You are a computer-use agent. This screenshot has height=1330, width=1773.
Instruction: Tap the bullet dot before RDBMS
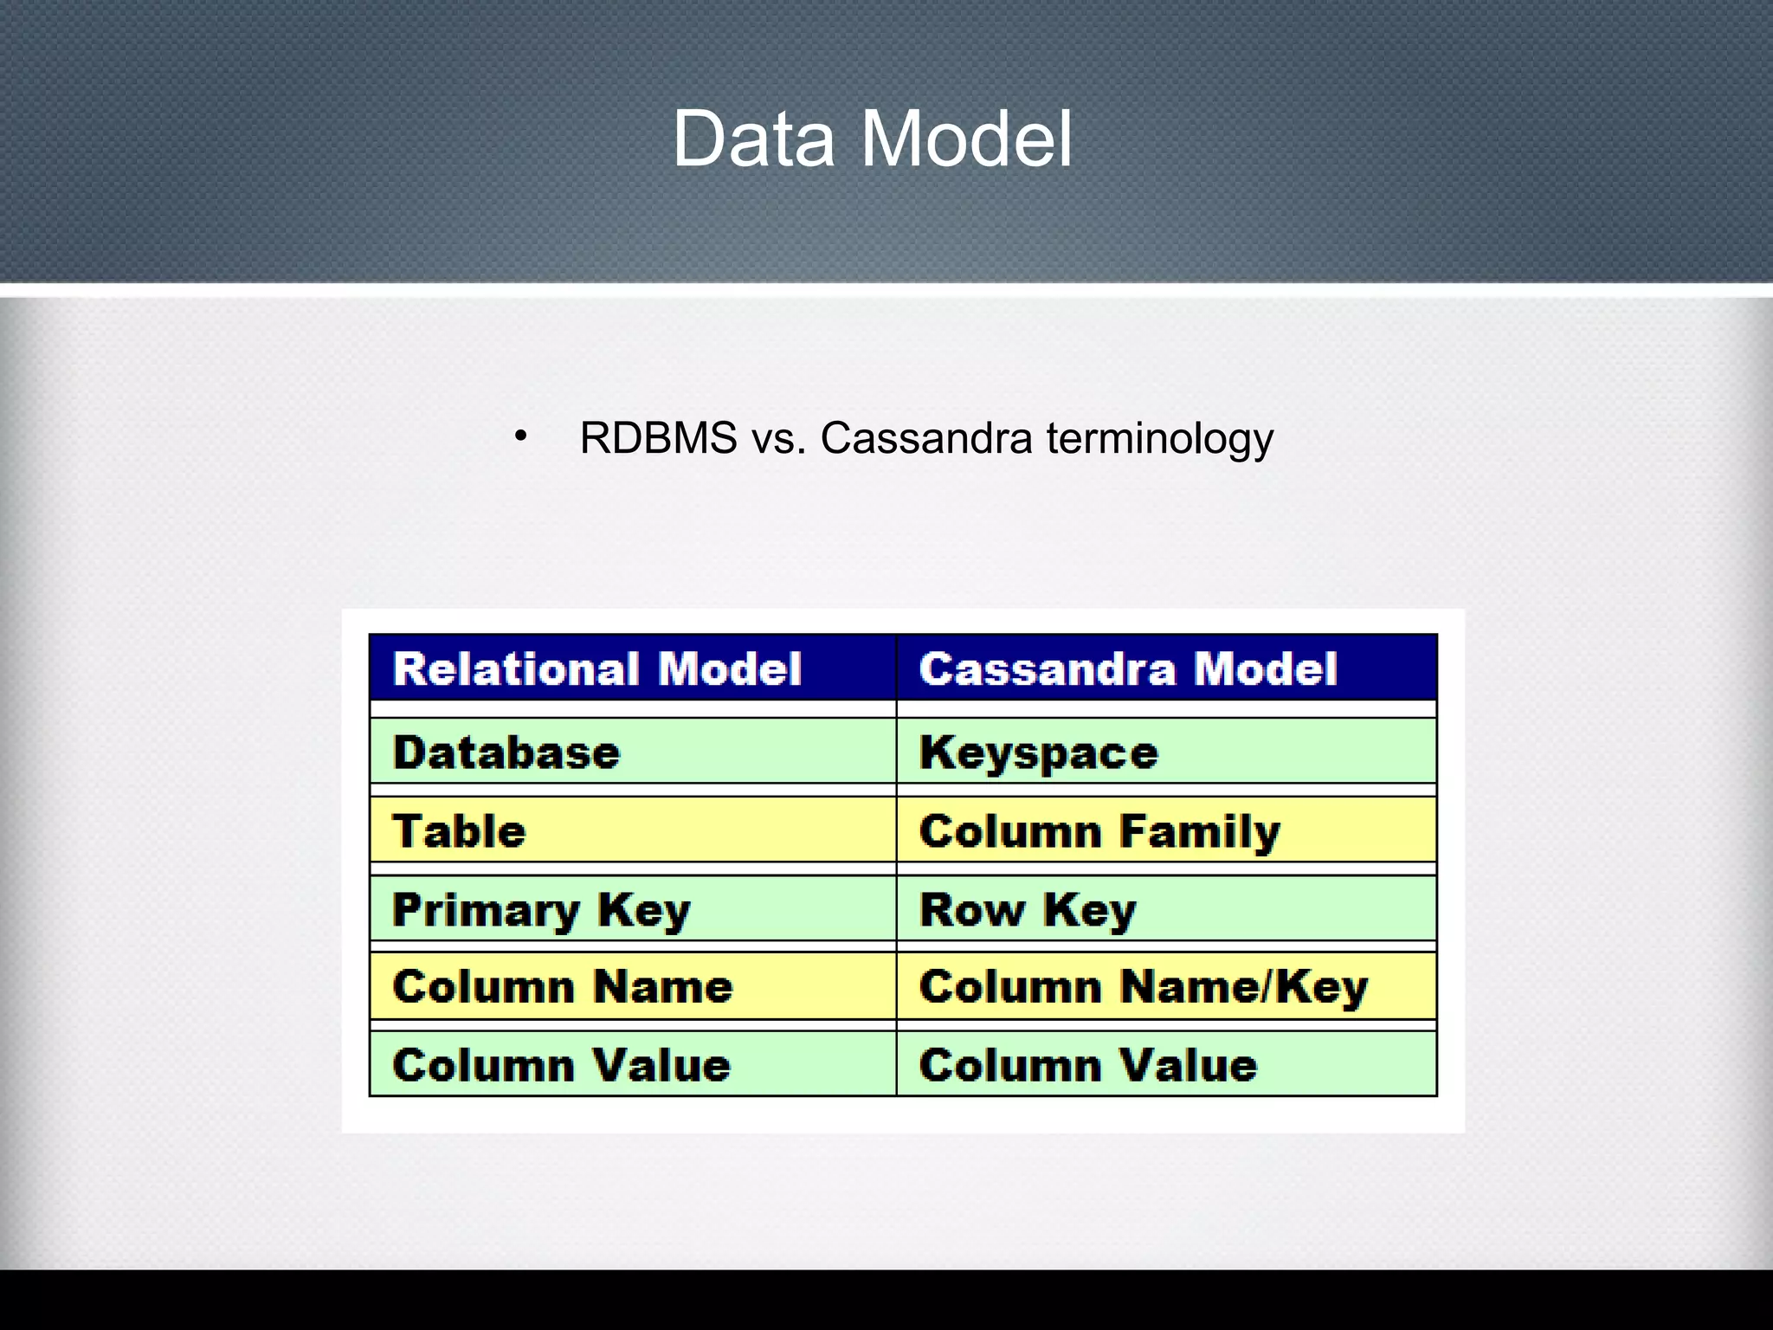520,436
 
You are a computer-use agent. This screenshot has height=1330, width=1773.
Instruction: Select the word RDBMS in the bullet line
659,438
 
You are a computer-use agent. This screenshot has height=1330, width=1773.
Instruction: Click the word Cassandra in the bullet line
926,438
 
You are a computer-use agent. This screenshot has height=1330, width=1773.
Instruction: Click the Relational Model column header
597,668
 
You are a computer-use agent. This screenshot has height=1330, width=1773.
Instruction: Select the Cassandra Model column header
1128,668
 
